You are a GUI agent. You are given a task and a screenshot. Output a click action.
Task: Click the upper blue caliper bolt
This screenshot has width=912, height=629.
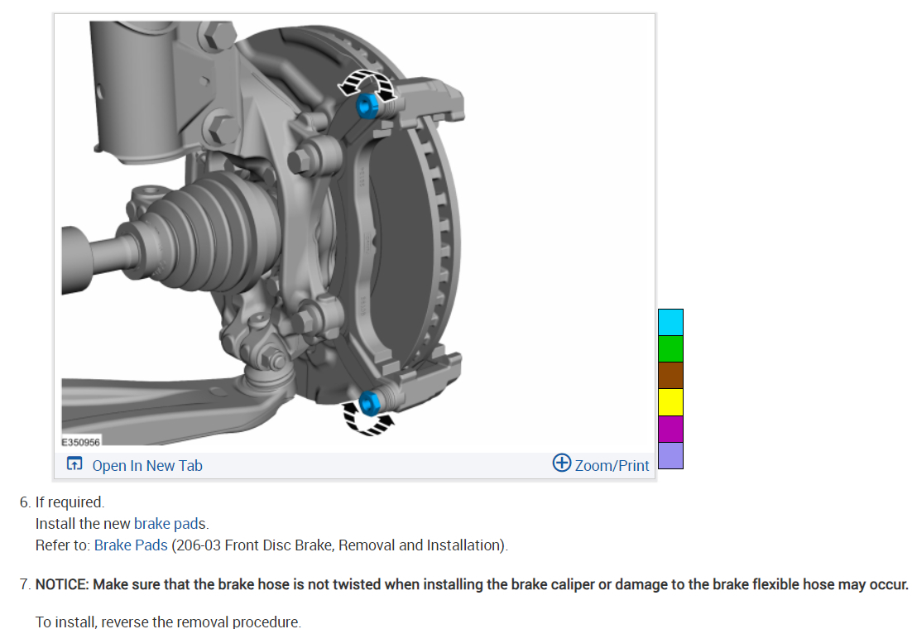pos(367,106)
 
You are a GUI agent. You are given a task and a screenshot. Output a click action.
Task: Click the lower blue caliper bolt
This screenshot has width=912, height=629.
pos(369,403)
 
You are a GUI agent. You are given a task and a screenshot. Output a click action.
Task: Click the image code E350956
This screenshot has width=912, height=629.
pos(81,442)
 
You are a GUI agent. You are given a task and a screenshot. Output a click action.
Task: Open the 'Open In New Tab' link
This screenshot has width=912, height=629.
pos(147,465)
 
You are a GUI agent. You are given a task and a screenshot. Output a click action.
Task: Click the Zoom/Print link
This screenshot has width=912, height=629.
pos(612,465)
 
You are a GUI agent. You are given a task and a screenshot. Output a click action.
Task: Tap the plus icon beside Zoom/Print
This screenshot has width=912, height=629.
pos(562,463)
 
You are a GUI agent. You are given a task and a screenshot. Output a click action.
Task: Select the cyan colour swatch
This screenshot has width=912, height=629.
pos(670,322)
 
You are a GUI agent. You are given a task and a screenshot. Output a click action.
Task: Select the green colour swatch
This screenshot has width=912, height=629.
pos(670,349)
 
